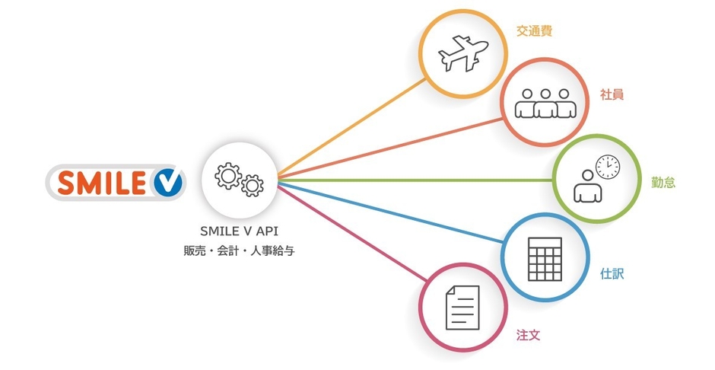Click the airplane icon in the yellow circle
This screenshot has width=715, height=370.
[x=463, y=53]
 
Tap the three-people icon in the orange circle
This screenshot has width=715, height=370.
[x=545, y=103]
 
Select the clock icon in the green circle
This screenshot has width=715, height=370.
[x=608, y=167]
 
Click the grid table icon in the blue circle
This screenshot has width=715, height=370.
[x=545, y=259]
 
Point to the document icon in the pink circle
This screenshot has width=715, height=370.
[x=462, y=308]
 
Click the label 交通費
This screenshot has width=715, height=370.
[x=535, y=31]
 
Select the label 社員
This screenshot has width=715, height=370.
[x=612, y=94]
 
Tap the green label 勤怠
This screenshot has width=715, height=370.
[x=663, y=183]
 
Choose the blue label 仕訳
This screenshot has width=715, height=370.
[x=612, y=274]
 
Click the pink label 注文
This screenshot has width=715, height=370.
[x=528, y=335]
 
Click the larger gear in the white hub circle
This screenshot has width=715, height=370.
[x=228, y=176]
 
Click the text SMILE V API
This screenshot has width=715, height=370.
[x=240, y=231]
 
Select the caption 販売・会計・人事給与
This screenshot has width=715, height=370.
[x=240, y=251]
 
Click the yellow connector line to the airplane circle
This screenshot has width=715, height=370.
[x=351, y=127]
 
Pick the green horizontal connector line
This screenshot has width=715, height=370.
[x=415, y=180]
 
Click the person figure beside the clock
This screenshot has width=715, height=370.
[x=587, y=187]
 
